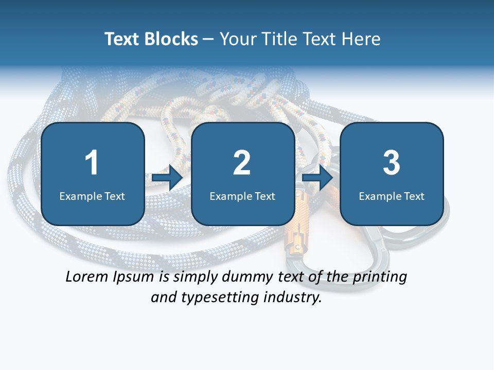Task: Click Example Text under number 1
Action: pyautogui.click(x=92, y=196)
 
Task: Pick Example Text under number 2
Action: pyautogui.click(x=242, y=196)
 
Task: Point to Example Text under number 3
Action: pyautogui.click(x=392, y=196)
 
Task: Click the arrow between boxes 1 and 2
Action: pyautogui.click(x=167, y=178)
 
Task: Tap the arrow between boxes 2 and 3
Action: pyautogui.click(x=317, y=178)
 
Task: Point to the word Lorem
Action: pyautogui.click(x=86, y=276)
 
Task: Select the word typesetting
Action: pyautogui.click(x=218, y=298)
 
